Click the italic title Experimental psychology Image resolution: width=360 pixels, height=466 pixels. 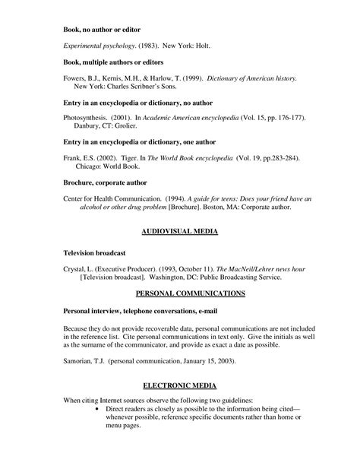click(x=94, y=46)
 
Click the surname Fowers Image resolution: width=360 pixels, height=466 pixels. click(x=74, y=78)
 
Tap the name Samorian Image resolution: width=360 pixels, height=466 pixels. click(x=79, y=360)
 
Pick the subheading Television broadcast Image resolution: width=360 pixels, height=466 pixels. click(x=96, y=251)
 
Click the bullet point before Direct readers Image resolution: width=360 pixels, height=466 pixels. click(x=99, y=408)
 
